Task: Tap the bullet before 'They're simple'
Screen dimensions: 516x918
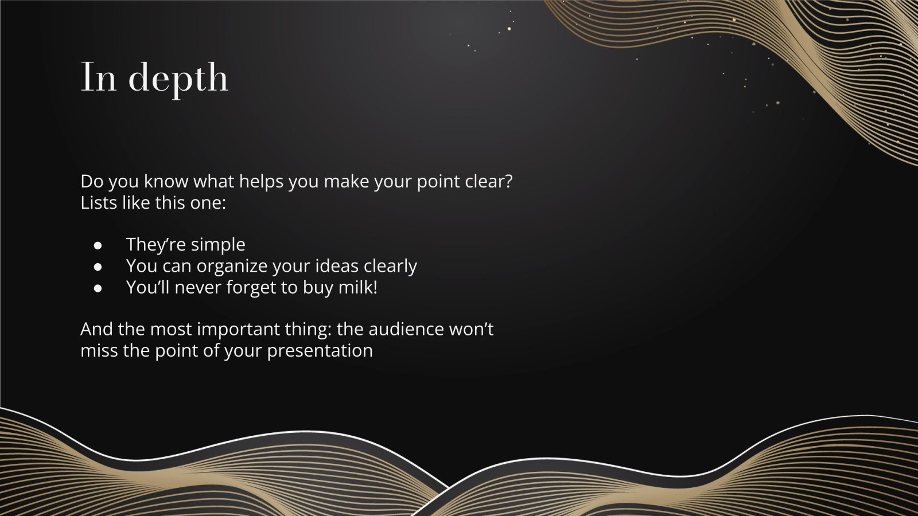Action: (x=98, y=245)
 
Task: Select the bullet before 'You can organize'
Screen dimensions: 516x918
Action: (x=98, y=267)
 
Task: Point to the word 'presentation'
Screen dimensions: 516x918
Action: (x=320, y=351)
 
